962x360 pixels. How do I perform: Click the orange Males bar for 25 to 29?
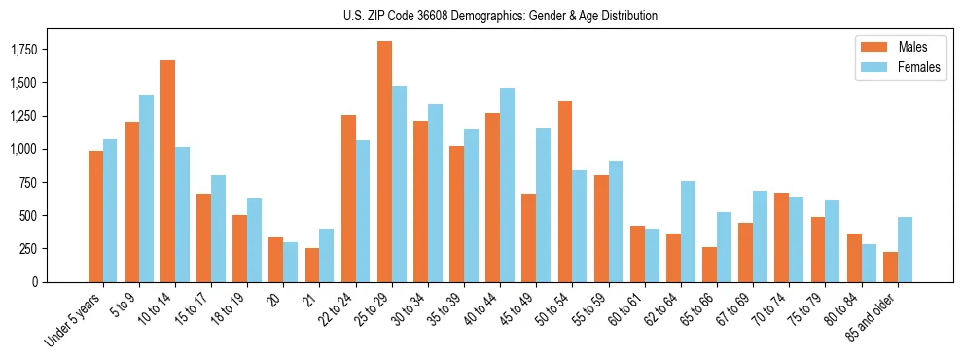click(x=384, y=162)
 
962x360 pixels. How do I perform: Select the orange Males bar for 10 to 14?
click(x=167, y=171)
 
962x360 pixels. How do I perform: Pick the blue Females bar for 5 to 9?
click(x=146, y=189)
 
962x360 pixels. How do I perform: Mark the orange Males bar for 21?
click(x=312, y=265)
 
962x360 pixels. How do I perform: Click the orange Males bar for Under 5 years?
click(x=95, y=216)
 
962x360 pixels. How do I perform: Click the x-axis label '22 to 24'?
click(x=339, y=310)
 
